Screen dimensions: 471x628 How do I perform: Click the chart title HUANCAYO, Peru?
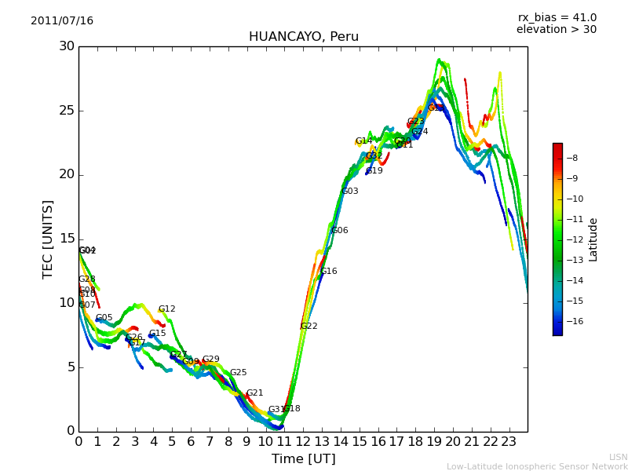(303, 37)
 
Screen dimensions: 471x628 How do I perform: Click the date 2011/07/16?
(62, 20)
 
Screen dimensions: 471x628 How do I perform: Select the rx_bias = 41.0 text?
(557, 17)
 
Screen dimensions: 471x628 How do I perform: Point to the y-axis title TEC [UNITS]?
(49, 239)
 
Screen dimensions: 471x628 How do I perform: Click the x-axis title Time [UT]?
(303, 458)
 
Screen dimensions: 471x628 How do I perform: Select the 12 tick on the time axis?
(303, 441)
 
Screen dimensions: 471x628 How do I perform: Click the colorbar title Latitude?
(593, 239)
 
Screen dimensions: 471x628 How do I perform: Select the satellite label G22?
(309, 326)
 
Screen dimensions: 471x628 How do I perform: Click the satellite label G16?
(328, 272)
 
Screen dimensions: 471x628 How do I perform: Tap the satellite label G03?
(349, 192)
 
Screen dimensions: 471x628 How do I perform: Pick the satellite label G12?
(167, 309)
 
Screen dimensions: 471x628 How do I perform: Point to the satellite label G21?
(255, 393)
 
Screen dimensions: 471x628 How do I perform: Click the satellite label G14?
(363, 141)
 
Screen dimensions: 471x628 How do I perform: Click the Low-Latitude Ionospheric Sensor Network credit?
(537, 466)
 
